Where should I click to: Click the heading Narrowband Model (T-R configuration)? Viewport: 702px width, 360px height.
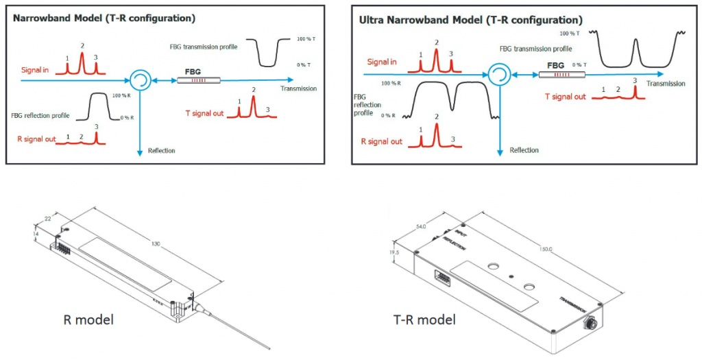tap(104, 18)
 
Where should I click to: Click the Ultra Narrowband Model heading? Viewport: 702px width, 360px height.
tap(471, 20)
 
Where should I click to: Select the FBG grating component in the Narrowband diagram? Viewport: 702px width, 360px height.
tap(199, 80)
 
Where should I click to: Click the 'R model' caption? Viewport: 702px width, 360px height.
tap(88, 319)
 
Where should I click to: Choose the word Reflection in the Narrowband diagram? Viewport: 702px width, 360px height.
tap(161, 150)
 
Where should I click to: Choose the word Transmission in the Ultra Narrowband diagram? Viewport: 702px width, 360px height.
tap(666, 84)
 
